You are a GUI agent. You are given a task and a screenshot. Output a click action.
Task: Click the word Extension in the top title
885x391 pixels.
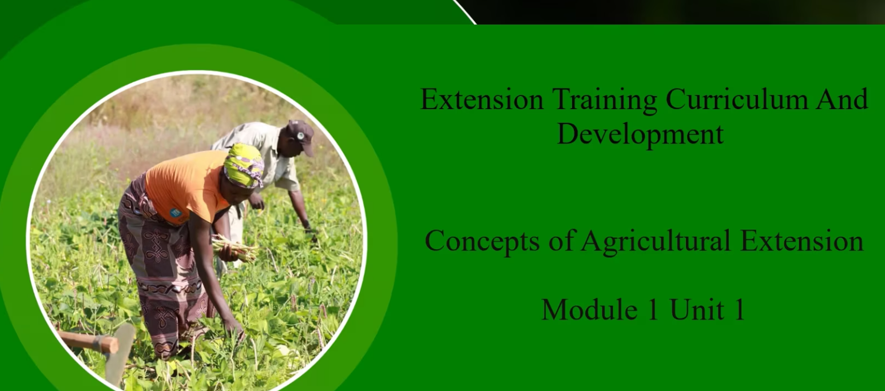(482, 99)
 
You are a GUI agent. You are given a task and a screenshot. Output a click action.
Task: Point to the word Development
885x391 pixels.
(640, 135)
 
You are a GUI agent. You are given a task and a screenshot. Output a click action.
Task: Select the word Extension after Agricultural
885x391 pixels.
(802, 241)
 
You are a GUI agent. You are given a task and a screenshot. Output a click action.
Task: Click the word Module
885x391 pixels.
(589, 309)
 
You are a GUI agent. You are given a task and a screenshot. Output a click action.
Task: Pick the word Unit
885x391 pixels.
(697, 309)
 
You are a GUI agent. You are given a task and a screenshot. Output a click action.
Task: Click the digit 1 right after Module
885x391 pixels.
(653, 309)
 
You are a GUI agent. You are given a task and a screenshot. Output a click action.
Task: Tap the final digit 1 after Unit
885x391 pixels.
(740, 309)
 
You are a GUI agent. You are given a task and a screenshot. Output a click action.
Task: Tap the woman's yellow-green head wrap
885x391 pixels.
(244, 165)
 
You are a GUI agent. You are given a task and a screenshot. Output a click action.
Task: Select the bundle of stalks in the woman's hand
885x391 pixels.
(235, 249)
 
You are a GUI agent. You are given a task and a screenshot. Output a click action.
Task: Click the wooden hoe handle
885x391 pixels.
(87, 342)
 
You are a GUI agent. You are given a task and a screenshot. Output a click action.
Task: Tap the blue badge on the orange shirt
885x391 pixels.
(175, 213)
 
